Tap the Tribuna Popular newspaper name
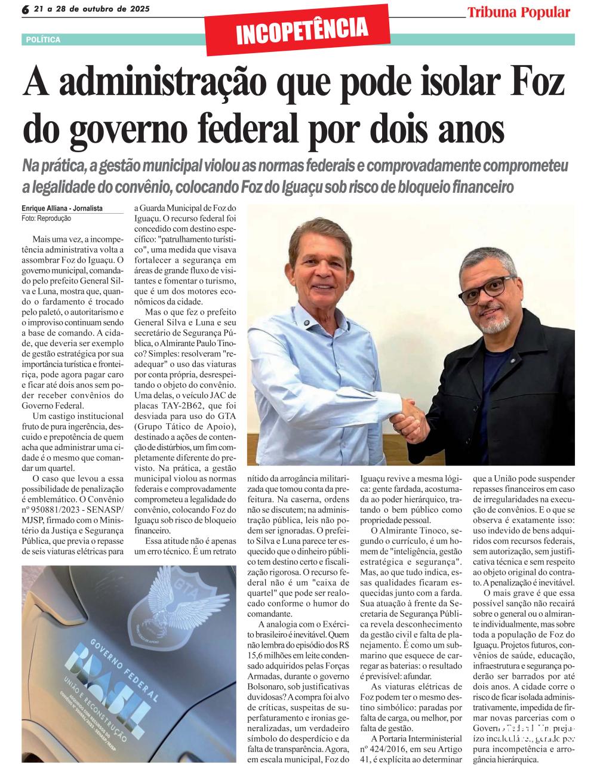518,11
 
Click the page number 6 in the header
26,10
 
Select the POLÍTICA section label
43,39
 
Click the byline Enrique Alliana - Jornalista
62,208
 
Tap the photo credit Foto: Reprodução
46,218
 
